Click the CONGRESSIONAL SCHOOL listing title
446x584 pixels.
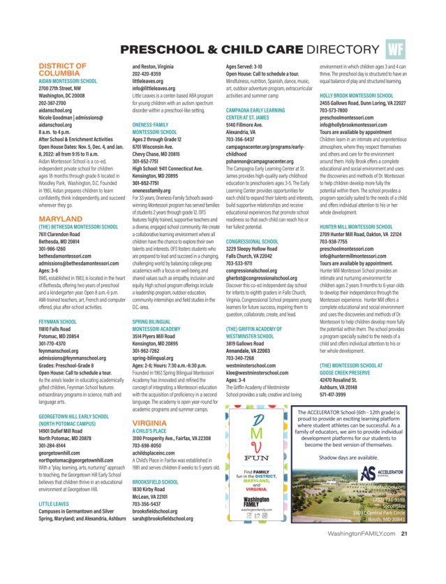252,242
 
